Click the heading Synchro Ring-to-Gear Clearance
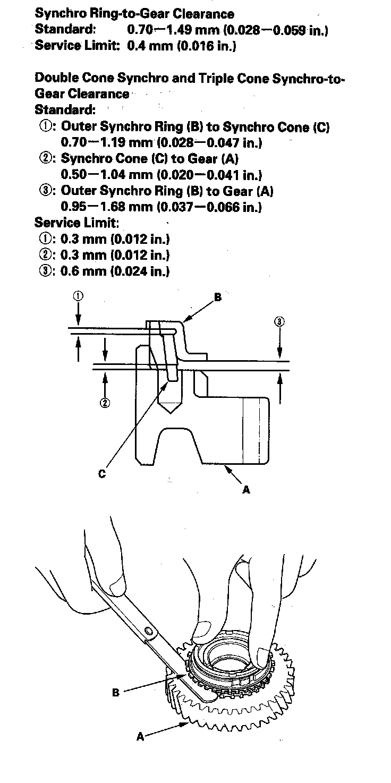134,13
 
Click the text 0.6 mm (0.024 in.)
115,271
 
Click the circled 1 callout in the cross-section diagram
78,296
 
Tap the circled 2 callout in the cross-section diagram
105,403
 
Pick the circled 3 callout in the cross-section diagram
279,321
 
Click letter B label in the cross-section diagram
217,298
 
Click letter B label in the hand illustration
116,693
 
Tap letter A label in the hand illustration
140,737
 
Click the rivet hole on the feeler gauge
149,631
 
